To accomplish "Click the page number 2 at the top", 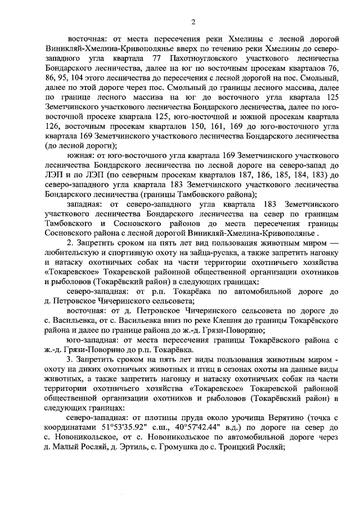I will [x=192, y=22].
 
